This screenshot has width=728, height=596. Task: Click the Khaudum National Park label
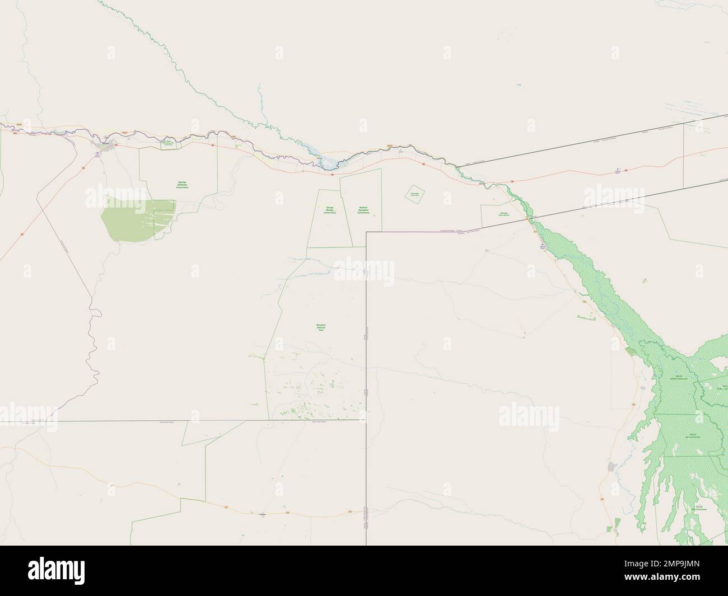click(x=321, y=327)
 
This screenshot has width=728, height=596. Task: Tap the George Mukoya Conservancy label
click(x=329, y=210)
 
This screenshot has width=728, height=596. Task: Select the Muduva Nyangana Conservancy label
click(x=363, y=210)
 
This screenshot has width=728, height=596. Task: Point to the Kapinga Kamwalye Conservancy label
click(x=182, y=185)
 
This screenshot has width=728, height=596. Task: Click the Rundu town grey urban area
click(x=104, y=146)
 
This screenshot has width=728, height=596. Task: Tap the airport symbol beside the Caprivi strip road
click(x=618, y=168)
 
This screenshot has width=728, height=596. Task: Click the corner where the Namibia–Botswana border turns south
click(x=366, y=232)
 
